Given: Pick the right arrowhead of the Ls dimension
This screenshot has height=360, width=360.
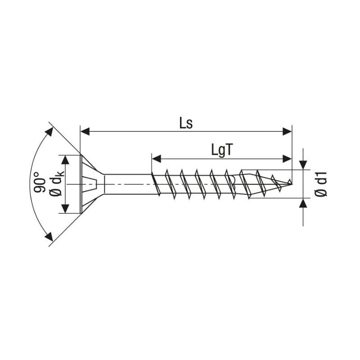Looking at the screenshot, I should point(287,131).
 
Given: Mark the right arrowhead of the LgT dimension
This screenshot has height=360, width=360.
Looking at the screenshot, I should point(287,158).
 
